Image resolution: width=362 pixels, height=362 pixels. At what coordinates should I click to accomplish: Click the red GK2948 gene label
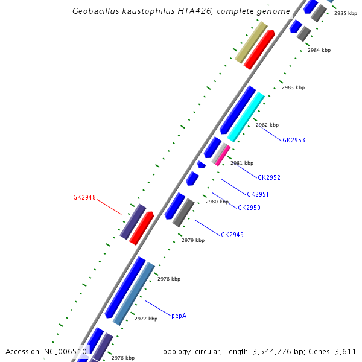click(x=84, y=197)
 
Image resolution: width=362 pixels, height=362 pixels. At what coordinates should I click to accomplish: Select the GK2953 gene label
click(x=294, y=140)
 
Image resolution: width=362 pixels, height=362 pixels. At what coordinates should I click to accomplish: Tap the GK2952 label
click(x=269, y=177)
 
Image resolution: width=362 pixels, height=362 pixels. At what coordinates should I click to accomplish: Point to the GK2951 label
click(x=258, y=194)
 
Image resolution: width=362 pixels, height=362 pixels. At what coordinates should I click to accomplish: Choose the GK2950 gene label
click(x=249, y=208)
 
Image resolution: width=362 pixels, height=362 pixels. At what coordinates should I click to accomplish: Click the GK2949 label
click(x=232, y=235)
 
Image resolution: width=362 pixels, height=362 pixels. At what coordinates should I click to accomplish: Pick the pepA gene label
click(x=179, y=316)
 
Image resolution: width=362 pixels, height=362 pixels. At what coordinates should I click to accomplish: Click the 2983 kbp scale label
click(x=293, y=88)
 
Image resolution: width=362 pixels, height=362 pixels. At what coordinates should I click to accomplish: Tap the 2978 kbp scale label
click(x=169, y=279)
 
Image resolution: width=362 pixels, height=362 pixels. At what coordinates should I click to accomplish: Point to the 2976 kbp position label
click(x=122, y=358)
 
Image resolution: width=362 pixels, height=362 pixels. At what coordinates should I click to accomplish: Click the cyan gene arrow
click(x=246, y=117)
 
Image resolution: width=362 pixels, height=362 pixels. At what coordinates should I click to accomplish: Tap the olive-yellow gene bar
click(x=251, y=43)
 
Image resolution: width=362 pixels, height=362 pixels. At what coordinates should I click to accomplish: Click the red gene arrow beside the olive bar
click(x=259, y=49)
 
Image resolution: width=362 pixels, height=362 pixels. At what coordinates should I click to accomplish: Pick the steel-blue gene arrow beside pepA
click(x=134, y=294)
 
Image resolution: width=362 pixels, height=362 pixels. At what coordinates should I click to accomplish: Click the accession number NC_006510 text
click(x=65, y=351)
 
